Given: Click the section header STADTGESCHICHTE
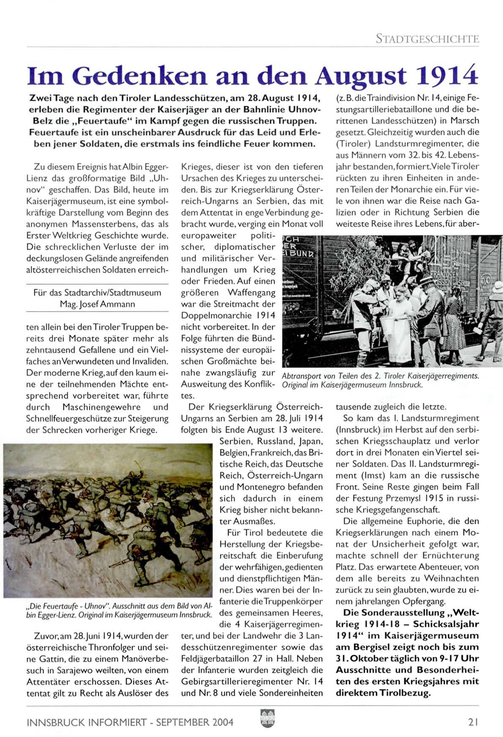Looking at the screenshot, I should pyautogui.click(x=427, y=39).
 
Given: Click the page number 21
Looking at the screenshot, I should pyautogui.click(x=473, y=722).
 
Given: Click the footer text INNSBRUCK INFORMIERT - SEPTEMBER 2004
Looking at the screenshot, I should pyautogui.click(x=130, y=722).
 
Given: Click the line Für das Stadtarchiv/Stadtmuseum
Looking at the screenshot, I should pyautogui.click(x=97, y=292).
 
